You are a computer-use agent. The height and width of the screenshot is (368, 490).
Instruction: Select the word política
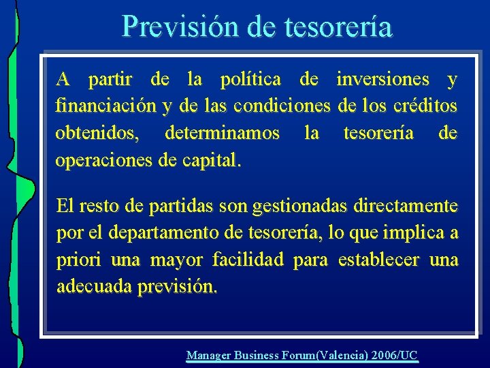250,80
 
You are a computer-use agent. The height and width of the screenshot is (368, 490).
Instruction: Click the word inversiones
382,80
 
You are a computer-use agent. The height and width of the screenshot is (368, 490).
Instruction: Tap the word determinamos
222,134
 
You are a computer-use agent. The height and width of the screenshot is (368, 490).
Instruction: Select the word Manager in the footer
209,355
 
